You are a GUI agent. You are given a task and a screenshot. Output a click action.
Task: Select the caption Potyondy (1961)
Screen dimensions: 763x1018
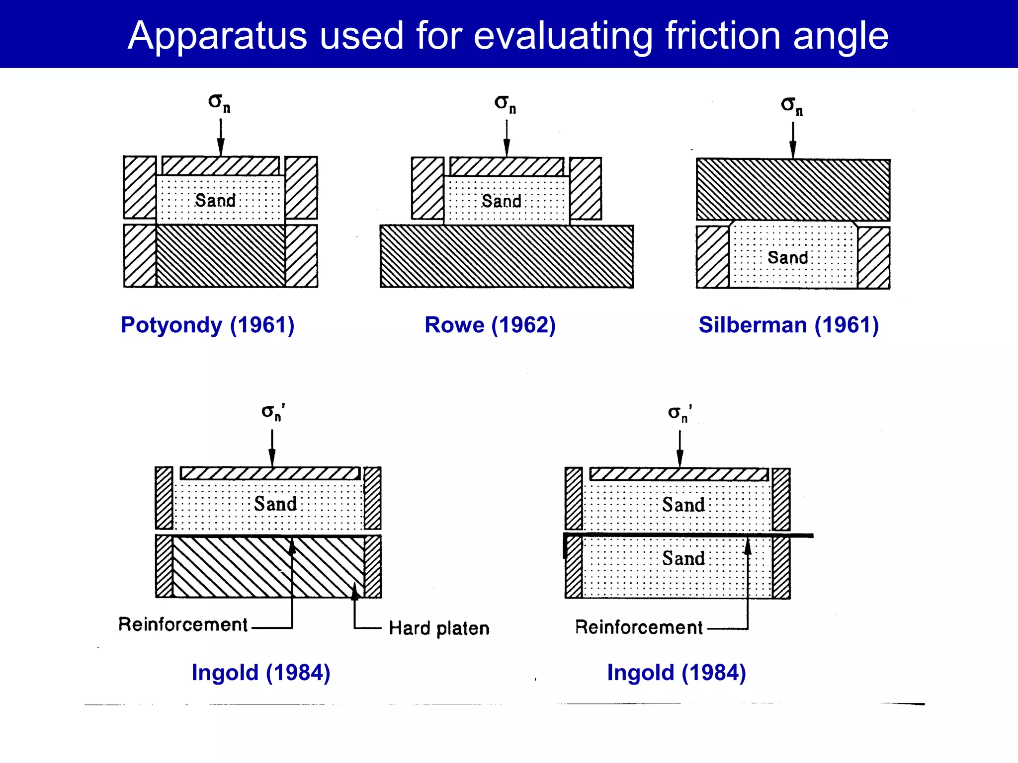(208, 325)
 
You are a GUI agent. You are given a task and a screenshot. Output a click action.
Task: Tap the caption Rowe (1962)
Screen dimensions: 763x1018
(490, 325)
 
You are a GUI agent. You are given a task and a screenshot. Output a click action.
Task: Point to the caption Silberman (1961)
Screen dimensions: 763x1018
(788, 325)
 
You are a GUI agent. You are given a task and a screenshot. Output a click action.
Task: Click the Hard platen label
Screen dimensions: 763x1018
(439, 628)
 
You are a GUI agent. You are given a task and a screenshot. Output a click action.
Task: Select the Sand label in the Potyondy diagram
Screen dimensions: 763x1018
(215, 201)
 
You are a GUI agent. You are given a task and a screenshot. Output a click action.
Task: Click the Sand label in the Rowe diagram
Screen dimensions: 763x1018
(502, 201)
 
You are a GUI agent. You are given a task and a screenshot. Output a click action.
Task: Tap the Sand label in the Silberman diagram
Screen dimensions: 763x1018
(788, 257)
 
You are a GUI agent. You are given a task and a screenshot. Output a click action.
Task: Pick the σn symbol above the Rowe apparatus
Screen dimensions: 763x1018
(505, 104)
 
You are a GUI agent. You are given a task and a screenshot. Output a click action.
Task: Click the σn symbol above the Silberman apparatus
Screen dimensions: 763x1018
(792, 105)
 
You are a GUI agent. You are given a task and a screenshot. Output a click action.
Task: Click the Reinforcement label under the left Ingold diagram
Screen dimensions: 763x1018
(183, 624)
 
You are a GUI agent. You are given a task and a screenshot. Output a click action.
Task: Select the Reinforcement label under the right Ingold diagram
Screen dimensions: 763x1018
(639, 627)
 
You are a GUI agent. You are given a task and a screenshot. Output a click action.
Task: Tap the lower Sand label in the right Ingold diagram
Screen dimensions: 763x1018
(683, 558)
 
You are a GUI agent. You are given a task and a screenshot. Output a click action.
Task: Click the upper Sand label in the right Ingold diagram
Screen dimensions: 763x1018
(683, 505)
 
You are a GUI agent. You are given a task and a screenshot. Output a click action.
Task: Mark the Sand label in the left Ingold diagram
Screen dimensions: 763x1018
(275, 504)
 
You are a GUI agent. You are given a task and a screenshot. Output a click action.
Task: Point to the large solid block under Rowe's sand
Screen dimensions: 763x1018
(507, 256)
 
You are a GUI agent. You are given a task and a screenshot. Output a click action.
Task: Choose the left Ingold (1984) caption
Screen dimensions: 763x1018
(261, 673)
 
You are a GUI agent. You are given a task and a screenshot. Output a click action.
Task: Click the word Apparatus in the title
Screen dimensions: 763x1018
(218, 36)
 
